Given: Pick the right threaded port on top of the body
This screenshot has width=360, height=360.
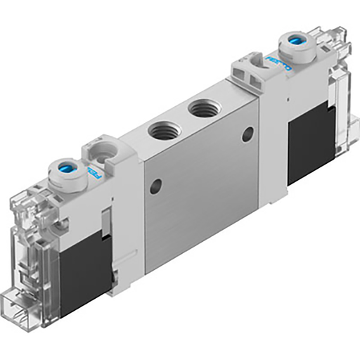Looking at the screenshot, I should [x=204, y=108].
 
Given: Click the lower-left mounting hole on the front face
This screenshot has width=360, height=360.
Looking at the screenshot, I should [x=155, y=186].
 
